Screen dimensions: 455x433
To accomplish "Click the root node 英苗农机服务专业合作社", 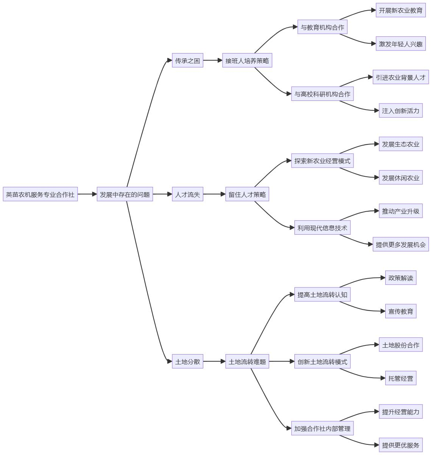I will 40,195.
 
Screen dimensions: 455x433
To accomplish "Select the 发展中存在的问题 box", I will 125,195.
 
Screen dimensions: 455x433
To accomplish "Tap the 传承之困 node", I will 187,61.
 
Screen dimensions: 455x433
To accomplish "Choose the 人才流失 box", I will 187,195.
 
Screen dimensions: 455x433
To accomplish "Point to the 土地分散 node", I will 187,362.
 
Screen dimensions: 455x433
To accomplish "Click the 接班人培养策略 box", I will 247,61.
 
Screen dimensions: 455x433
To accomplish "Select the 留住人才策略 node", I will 247,195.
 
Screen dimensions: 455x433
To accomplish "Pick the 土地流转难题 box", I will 247,362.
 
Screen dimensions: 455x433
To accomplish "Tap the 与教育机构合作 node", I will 322,27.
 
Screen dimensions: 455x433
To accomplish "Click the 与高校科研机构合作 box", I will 322,94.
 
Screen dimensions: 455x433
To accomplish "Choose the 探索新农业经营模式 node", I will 322,161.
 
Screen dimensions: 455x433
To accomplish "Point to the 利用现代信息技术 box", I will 322,228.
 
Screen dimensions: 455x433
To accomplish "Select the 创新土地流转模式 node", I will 322,362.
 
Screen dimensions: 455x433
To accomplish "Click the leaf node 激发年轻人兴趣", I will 400,44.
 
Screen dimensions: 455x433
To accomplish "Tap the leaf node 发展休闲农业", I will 400,178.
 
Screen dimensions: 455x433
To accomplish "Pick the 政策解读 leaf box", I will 400,278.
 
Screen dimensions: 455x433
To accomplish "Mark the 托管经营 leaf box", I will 400,378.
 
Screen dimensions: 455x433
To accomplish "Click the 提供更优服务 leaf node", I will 400,445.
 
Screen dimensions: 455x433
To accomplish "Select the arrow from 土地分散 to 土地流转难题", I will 214,362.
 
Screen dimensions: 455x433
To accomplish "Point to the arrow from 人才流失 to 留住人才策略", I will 214,195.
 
